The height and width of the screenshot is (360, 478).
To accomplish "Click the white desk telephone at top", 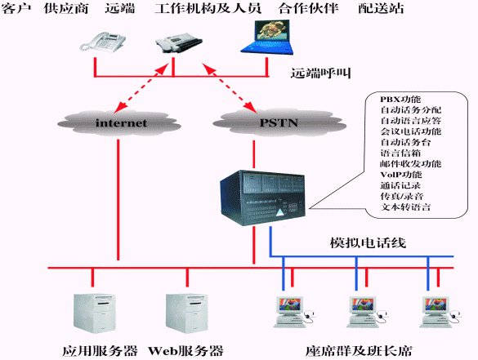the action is (x=103, y=42).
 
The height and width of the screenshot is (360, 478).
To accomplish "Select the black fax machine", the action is (x=179, y=42).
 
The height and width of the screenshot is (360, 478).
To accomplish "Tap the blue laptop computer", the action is (x=267, y=38).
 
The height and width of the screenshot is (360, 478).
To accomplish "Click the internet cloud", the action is (x=119, y=123).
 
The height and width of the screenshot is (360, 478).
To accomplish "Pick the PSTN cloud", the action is (x=279, y=122).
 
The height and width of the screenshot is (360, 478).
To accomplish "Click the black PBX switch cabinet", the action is (x=262, y=198).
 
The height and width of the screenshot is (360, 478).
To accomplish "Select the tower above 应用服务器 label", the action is (x=95, y=313).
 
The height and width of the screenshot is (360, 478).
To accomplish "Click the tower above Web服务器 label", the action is (x=187, y=313).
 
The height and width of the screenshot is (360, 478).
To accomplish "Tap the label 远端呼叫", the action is (x=320, y=73).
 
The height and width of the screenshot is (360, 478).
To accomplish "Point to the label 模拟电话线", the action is (x=368, y=243).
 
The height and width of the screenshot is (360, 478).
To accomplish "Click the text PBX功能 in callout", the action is (x=400, y=100).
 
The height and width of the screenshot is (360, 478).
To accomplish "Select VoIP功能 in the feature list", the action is (x=401, y=175).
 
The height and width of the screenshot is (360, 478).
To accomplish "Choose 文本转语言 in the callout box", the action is (x=405, y=207).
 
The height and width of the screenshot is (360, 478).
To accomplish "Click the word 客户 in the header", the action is (x=16, y=8).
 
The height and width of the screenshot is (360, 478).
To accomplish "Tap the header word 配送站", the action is (x=381, y=8).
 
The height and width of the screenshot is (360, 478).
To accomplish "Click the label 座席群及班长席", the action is (x=359, y=351).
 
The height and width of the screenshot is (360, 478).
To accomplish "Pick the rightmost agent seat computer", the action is (x=440, y=312).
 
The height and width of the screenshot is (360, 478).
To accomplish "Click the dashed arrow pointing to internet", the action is (x=141, y=87).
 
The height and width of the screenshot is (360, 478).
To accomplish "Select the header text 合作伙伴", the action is (x=308, y=8).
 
